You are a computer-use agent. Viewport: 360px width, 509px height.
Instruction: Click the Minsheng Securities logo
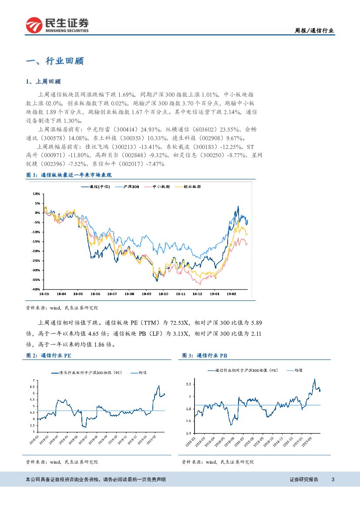point(57,25)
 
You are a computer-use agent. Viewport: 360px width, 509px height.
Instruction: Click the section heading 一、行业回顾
point(55,61)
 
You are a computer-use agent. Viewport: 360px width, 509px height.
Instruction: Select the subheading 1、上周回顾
point(44,81)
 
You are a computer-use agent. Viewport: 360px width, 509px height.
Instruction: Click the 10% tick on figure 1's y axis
point(36,193)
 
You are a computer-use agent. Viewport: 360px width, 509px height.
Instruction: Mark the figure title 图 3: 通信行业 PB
point(205,356)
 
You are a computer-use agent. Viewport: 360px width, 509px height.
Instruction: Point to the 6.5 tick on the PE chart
point(33,387)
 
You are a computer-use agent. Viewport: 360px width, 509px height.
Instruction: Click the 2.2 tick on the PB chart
point(188,384)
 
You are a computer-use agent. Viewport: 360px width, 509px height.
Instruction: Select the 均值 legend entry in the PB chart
point(298,370)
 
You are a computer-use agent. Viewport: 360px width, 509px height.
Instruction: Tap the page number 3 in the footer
point(333,479)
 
